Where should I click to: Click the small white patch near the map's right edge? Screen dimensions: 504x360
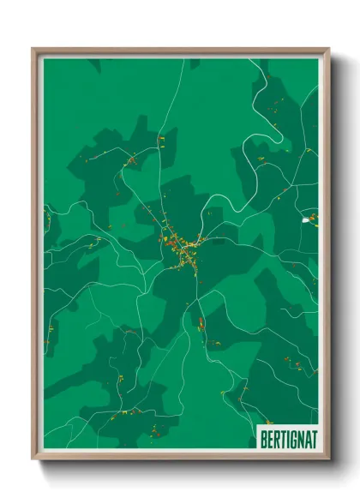[306, 220]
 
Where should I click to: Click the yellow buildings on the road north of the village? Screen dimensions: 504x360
[160, 140]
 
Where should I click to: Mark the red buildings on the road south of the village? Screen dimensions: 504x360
[201, 323]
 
